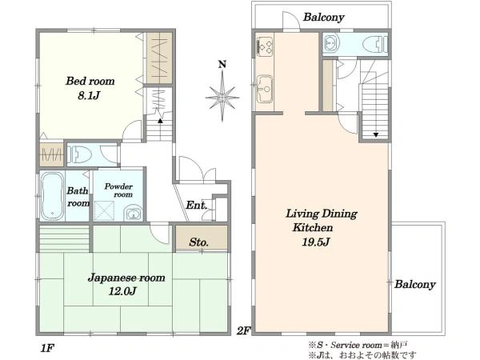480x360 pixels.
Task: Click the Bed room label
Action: coord(90,81)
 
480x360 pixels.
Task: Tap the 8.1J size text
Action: coord(89,96)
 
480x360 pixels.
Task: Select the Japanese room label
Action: coord(126,278)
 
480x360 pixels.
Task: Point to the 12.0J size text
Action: coord(122,291)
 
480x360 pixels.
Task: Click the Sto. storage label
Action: coord(198,242)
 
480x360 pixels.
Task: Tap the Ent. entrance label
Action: coord(196,205)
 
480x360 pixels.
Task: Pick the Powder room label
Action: coord(118,190)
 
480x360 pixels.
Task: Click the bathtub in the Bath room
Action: coord(52,196)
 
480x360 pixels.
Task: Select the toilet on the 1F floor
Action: coord(79,154)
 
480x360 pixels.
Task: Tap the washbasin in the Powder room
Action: coord(133,214)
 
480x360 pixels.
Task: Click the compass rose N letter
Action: coord(222,64)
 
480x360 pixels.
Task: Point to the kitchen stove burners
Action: coord(264,46)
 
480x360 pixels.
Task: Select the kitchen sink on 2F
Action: coord(264,89)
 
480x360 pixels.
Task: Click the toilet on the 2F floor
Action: coord(375,44)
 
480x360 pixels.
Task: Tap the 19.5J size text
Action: coord(316,242)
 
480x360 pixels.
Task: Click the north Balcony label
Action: coord(324,17)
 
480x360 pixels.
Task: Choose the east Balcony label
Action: coord(414,284)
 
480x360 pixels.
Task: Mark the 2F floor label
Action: coord(244,331)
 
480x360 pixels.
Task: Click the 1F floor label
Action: coord(47,348)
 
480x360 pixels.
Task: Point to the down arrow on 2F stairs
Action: coord(376,134)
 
